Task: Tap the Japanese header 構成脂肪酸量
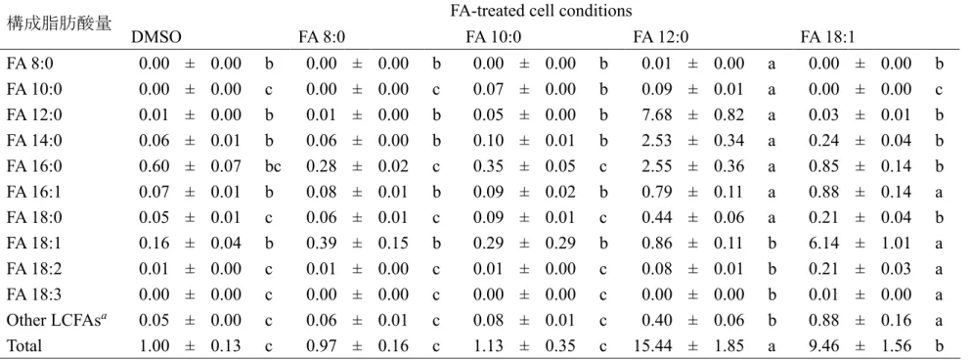[x=59, y=23]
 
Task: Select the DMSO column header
[x=156, y=38]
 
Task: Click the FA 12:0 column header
[x=661, y=38]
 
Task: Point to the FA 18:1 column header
[x=828, y=38]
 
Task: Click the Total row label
[x=24, y=345]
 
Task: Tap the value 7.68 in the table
[x=656, y=114]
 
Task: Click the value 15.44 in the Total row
[x=652, y=345]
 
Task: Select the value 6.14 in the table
[x=823, y=243]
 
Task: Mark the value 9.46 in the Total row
[x=823, y=345]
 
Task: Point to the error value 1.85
[x=728, y=345]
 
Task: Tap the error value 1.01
[x=896, y=243]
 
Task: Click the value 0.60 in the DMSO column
[x=154, y=166]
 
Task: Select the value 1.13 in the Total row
[x=489, y=345]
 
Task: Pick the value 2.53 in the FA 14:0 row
[x=656, y=141]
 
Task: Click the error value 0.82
[x=728, y=114]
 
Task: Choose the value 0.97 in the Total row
[x=322, y=345]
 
